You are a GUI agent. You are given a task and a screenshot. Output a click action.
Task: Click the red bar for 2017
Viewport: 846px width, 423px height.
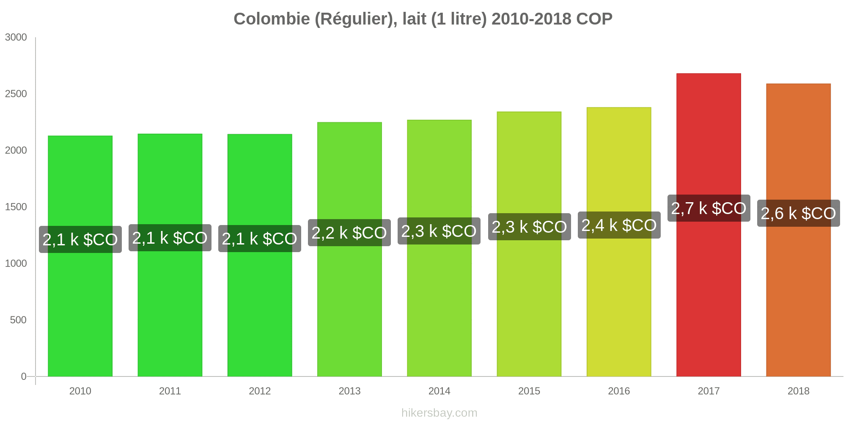(709, 296)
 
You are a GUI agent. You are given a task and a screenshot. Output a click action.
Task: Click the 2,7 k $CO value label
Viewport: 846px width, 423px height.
(709, 208)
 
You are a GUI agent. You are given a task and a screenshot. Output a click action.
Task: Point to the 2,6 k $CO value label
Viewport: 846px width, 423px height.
(798, 213)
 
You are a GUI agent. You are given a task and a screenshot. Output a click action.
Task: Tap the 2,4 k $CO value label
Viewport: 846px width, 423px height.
(619, 225)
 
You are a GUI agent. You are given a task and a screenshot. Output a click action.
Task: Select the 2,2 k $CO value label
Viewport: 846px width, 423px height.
(349, 233)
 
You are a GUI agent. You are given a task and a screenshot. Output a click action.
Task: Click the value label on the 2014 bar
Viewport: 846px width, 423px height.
(439, 231)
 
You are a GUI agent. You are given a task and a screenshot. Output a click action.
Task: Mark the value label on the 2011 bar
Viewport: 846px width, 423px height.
(170, 238)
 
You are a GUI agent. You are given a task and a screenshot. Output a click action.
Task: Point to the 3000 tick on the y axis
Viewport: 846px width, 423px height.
(16, 37)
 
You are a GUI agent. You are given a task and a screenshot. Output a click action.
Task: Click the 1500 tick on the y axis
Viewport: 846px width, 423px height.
(16, 207)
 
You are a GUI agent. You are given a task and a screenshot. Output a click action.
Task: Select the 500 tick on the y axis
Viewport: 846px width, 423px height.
(19, 320)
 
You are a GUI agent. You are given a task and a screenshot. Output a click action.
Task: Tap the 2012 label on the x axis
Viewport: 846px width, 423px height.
(260, 391)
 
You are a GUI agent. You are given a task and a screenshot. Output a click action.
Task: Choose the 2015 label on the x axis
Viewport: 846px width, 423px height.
(529, 391)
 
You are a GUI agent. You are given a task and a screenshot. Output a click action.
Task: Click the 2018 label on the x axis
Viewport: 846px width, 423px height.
(798, 391)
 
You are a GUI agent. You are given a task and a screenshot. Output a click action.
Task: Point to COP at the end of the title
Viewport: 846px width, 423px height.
(594, 19)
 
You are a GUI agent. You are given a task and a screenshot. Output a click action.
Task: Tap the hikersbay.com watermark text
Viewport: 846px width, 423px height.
(439, 413)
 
